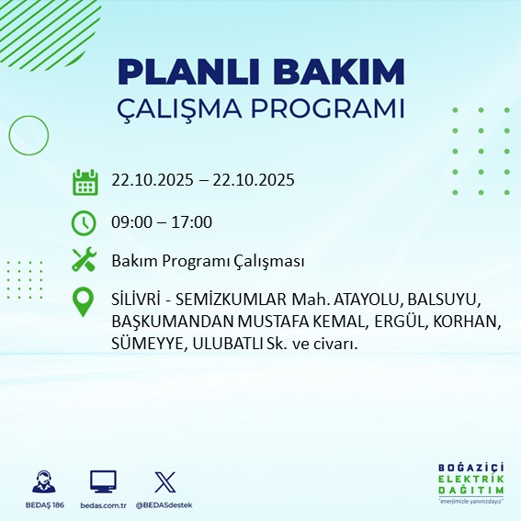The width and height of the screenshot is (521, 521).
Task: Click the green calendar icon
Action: tap(85, 182)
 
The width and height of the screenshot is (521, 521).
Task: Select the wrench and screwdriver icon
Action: tap(85, 261)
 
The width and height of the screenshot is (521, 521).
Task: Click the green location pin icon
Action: tap(85, 302)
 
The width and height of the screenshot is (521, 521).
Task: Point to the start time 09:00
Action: tap(130, 221)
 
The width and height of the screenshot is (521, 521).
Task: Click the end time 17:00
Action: tap(192, 221)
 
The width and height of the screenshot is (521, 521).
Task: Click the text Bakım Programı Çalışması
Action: tap(208, 262)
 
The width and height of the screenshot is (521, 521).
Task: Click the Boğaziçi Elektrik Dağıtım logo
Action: tap(470, 483)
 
